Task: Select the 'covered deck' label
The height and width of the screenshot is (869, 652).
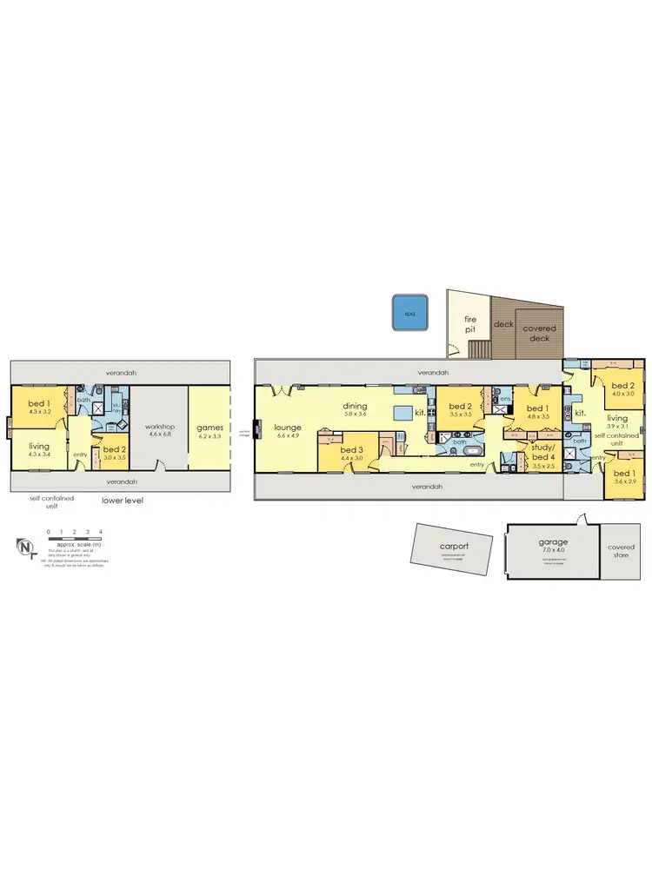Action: point(540,333)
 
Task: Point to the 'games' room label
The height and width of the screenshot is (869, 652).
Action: point(210,428)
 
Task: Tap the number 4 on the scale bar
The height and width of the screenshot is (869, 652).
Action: point(101,530)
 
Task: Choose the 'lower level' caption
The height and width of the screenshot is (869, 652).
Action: point(122,501)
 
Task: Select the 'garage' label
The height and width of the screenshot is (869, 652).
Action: point(553,542)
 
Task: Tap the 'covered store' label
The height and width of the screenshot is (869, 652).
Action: point(621,552)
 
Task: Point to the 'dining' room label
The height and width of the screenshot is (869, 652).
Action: point(355,406)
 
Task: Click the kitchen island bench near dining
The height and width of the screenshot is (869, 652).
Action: point(403,412)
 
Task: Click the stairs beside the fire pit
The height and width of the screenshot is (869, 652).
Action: point(480,348)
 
